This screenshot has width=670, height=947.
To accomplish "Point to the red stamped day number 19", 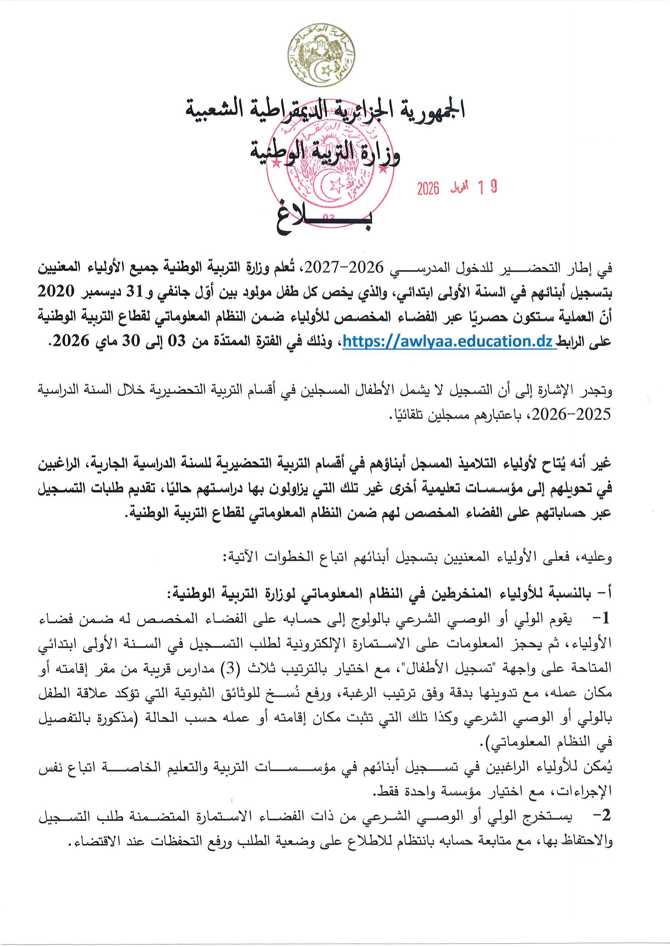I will tap(487, 188).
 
